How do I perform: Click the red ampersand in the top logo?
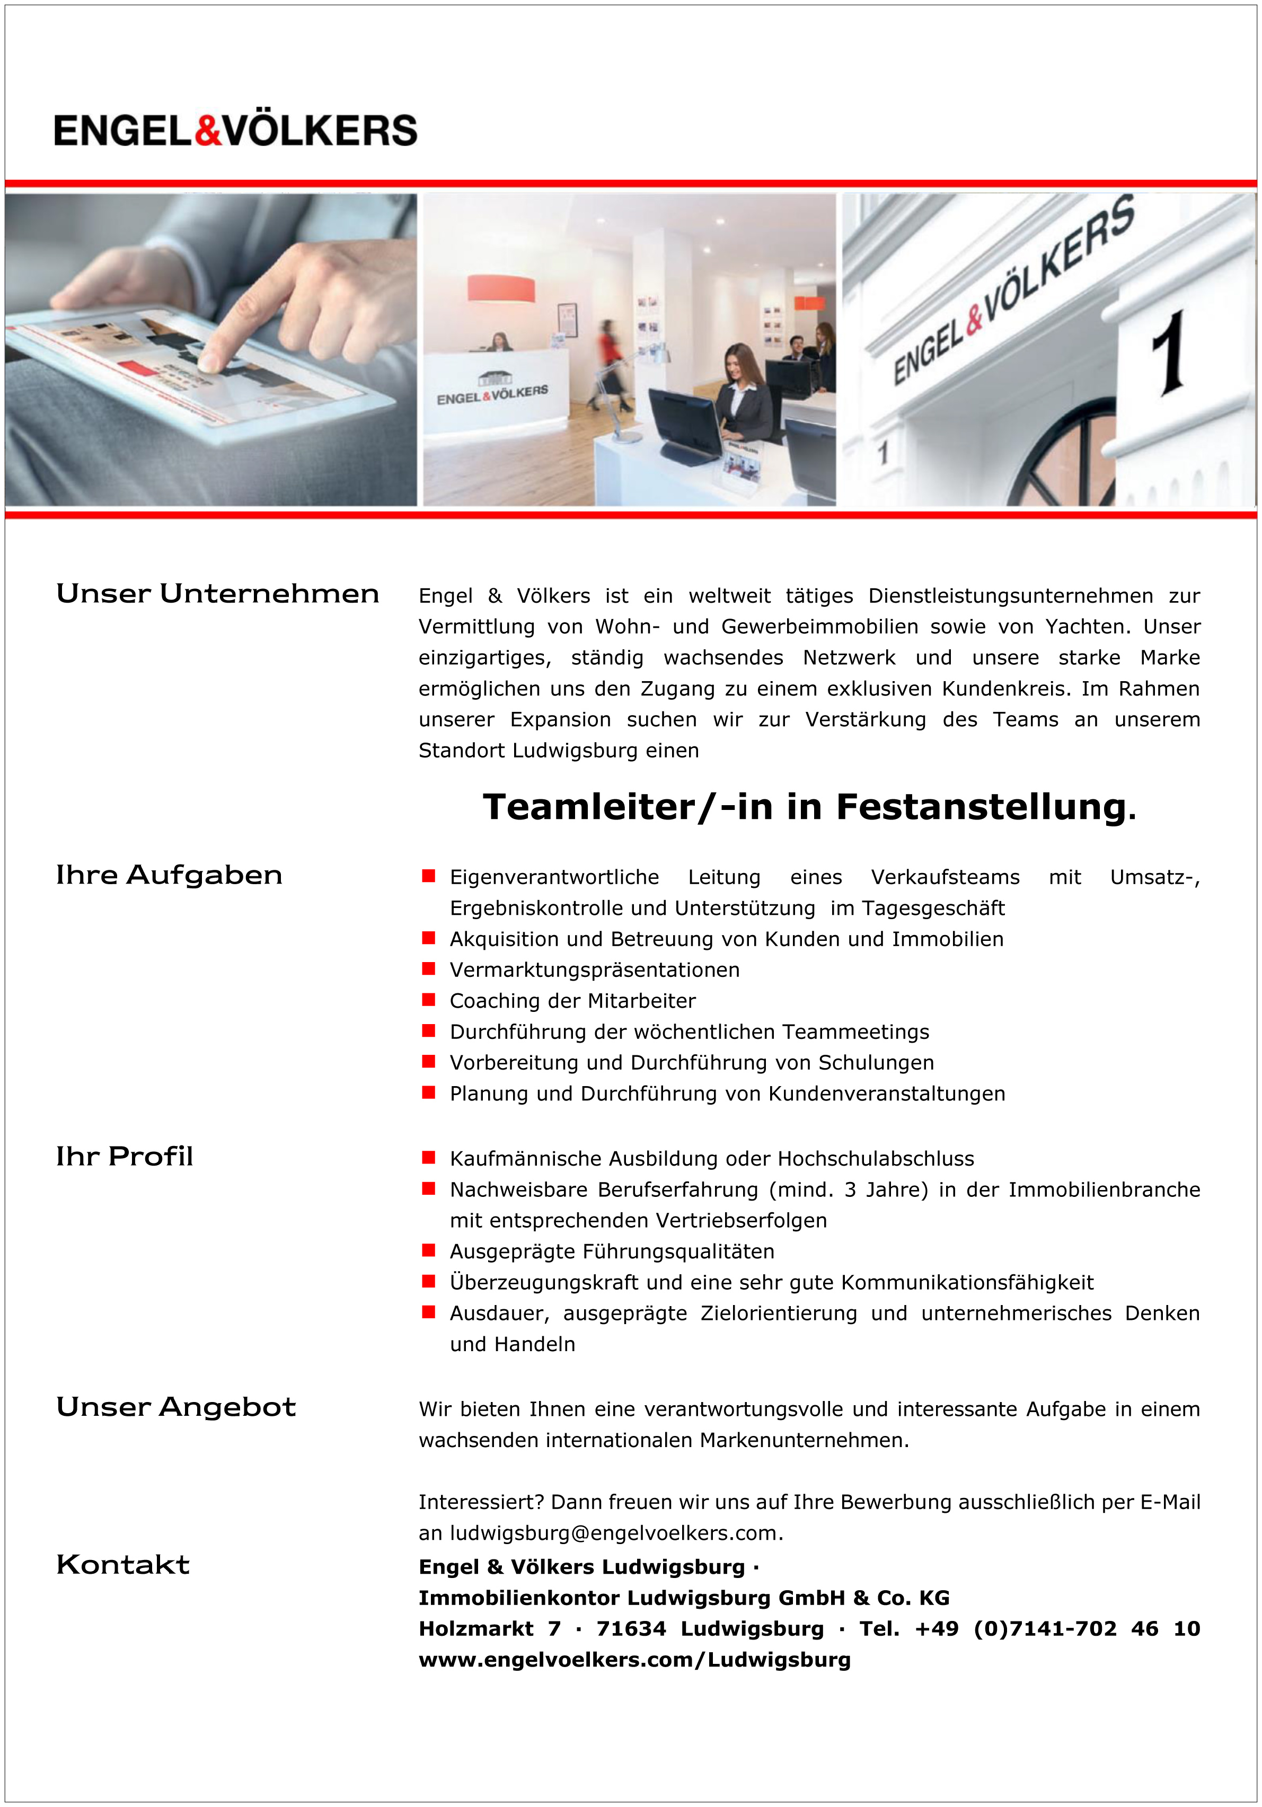[x=208, y=130]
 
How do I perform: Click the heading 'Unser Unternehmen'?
[x=217, y=594]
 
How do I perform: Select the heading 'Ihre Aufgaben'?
[x=169, y=875]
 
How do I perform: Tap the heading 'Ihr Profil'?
[x=125, y=1156]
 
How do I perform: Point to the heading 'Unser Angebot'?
[x=176, y=1406]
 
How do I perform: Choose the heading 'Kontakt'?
[x=123, y=1565]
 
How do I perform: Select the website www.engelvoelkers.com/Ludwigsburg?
[x=634, y=1660]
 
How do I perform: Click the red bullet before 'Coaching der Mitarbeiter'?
[x=429, y=1000]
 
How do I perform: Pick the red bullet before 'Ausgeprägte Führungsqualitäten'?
[x=429, y=1250]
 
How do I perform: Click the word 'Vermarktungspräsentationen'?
[x=594, y=969]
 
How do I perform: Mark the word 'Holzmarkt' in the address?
[x=476, y=1628]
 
